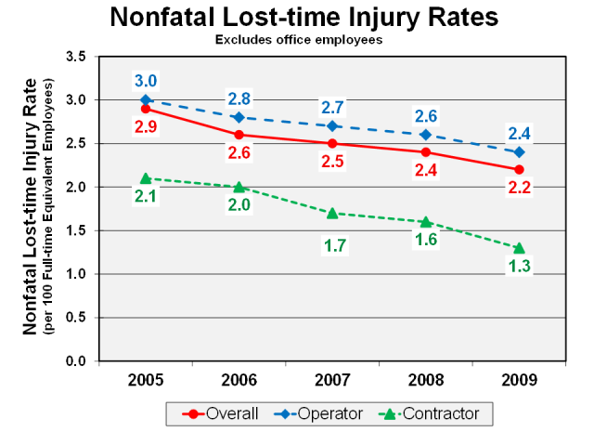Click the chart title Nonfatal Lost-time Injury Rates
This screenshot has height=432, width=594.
click(303, 18)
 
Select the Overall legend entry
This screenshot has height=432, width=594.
click(223, 412)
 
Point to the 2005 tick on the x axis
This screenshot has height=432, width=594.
click(145, 382)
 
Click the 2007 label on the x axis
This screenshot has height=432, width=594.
click(331, 382)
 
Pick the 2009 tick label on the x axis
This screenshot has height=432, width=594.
click(518, 382)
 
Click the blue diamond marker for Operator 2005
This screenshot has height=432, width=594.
click(145, 100)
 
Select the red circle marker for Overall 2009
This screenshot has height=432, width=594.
click(519, 169)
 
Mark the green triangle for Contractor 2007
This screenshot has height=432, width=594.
click(331, 213)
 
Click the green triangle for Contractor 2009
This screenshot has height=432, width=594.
click(519, 247)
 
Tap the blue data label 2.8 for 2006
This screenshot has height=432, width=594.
click(239, 98)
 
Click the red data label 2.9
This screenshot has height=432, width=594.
click(145, 125)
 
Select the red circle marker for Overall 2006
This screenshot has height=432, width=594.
click(239, 135)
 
